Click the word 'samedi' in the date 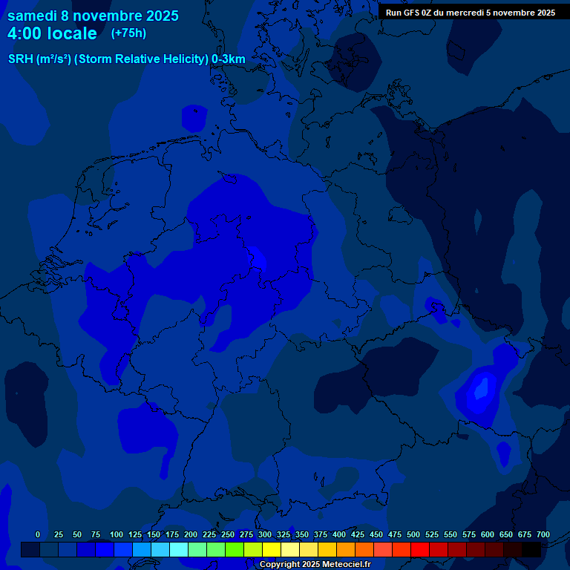pyautogui.click(x=33, y=16)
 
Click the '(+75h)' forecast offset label pyautogui.click(x=128, y=33)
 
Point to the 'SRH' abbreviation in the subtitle pyautogui.click(x=20, y=59)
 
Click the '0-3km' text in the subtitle pyautogui.click(x=229, y=59)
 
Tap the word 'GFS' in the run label pyautogui.click(x=410, y=12)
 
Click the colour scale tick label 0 pyautogui.click(x=38, y=534)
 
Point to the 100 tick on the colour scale pyautogui.click(x=117, y=534)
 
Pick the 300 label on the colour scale pyautogui.click(x=265, y=534)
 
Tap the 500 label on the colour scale pyautogui.click(x=413, y=534)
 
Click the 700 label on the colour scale pyautogui.click(x=543, y=534)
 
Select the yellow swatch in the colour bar pyautogui.click(x=272, y=549)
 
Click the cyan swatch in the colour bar pyautogui.click(x=179, y=549)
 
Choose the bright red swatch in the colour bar pyautogui.click(x=420, y=549)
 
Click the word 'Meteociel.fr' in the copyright pyautogui.click(x=342, y=565)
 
